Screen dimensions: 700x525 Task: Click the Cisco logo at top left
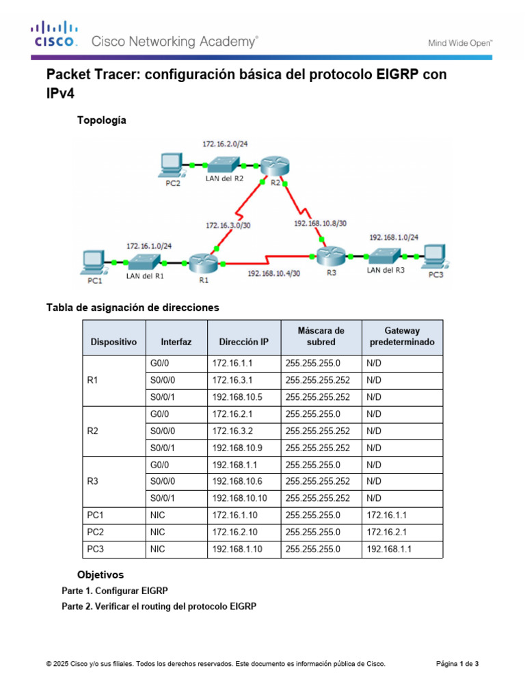(x=53, y=34)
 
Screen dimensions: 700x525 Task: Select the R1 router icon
(x=202, y=261)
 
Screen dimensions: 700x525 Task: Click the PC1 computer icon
(x=92, y=261)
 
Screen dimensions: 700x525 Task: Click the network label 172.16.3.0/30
(x=230, y=224)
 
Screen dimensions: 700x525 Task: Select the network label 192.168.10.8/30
(x=320, y=223)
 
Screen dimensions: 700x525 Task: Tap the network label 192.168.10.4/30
(x=273, y=273)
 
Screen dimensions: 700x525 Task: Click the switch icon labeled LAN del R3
(x=384, y=256)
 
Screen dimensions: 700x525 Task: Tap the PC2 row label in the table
(x=96, y=531)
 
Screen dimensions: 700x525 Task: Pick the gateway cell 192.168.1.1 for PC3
(x=390, y=548)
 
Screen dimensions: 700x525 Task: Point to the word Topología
(x=102, y=120)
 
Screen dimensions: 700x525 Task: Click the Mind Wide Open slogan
(x=460, y=42)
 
